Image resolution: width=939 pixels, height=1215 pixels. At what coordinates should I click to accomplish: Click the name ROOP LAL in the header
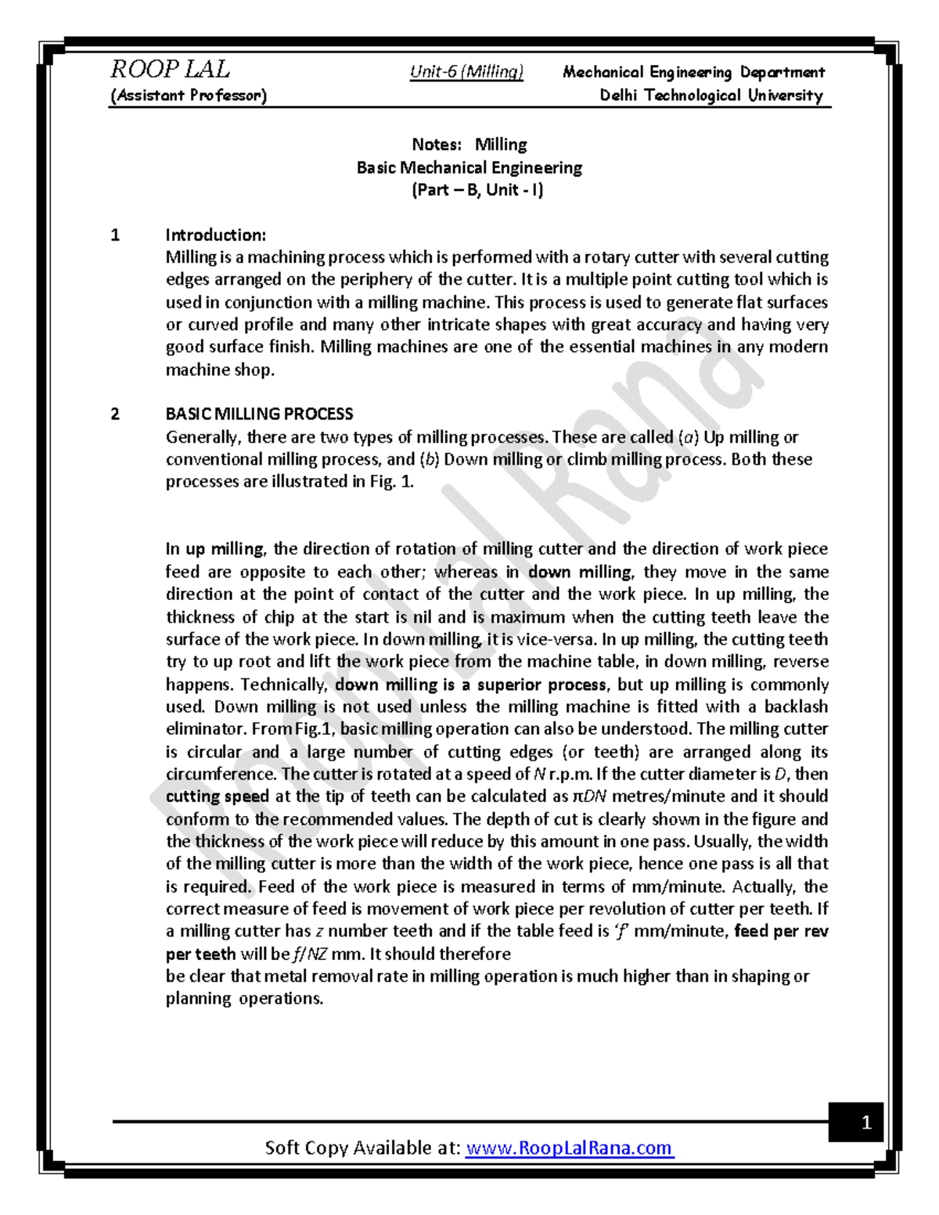pos(170,70)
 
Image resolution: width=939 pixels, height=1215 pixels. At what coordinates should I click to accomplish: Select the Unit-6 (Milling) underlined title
pos(466,72)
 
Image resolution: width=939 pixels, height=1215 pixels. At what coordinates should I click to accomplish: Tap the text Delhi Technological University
pos(711,95)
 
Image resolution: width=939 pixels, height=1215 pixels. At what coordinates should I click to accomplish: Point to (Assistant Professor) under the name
pos(189,95)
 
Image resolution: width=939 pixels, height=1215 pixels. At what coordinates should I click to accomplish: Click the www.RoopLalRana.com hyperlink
pos(569,1148)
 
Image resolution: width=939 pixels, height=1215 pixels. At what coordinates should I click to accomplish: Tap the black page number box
pos(865,1123)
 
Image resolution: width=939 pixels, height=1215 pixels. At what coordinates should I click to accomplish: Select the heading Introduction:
pos(216,235)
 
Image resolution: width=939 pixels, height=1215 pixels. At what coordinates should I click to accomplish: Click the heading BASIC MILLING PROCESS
pos(259,414)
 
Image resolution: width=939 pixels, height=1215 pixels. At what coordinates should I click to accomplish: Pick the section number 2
pos(116,414)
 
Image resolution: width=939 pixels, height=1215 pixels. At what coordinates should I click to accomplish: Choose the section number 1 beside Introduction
pos(116,235)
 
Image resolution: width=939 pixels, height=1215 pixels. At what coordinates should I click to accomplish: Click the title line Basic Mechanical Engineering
pos(469,167)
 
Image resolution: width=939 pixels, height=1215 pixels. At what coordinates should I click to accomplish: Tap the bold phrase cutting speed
pos(218,796)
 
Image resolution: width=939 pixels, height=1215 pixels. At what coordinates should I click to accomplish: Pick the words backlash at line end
pos(797,706)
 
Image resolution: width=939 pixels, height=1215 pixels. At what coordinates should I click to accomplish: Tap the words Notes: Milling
pos(469,145)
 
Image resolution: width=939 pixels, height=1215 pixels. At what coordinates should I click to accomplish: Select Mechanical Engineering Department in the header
pos(693,73)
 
